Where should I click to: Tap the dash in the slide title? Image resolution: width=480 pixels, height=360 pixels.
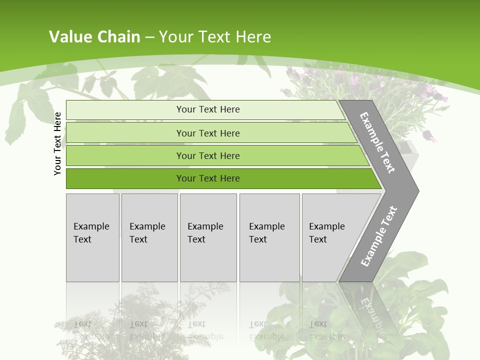(149, 37)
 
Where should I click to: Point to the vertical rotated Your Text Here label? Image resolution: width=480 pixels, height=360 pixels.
(57, 143)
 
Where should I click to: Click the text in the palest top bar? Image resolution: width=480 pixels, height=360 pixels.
(208, 109)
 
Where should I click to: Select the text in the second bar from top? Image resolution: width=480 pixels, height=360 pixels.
(208, 133)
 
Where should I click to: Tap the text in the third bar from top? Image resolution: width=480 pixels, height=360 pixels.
(208, 156)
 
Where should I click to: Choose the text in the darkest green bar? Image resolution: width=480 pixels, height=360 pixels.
(208, 178)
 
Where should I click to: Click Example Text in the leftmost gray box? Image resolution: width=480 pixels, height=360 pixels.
(91, 233)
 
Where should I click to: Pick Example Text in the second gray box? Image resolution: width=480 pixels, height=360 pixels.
(147, 233)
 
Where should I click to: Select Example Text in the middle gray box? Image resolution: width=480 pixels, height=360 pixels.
(205, 233)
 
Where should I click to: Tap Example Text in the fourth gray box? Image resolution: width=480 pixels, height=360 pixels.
(266, 233)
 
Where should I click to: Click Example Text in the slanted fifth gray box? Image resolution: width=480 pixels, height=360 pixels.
(326, 233)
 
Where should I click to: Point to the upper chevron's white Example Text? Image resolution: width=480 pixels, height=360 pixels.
(377, 142)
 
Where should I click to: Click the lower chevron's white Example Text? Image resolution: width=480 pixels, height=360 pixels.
(378, 236)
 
